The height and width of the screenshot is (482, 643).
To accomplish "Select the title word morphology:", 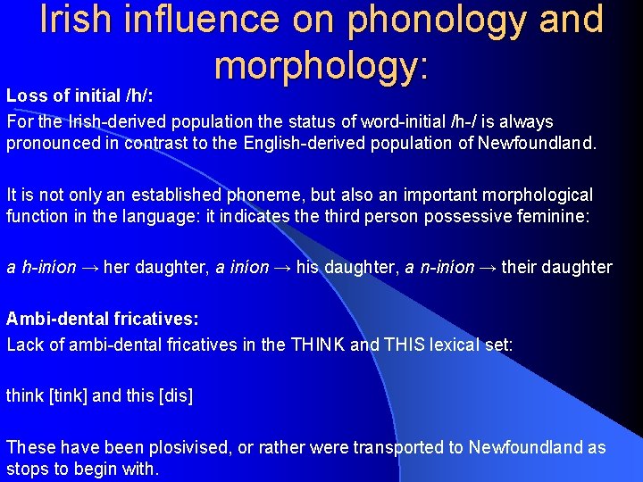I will click(322, 64).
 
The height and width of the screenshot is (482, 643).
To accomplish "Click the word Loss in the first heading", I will click(26, 95).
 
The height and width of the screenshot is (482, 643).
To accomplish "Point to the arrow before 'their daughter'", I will click(488, 268).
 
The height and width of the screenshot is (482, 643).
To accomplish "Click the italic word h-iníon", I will click(48, 268).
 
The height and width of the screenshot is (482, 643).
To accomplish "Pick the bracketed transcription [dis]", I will click(175, 395).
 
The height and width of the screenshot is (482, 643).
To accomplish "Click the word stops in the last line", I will click(27, 469).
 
